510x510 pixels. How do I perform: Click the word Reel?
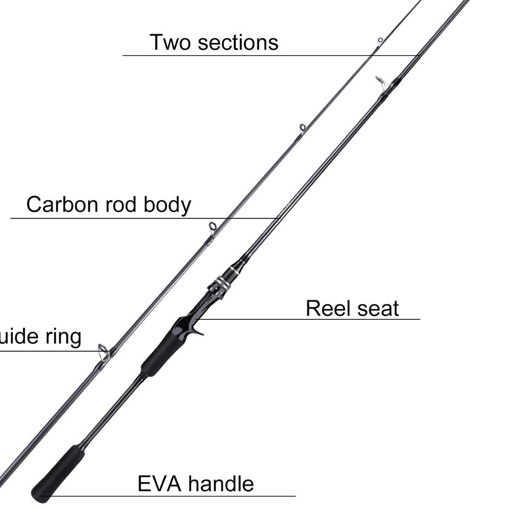(x=325, y=308)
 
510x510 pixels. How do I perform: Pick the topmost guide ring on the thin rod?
(x=380, y=41)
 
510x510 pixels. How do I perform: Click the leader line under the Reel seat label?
(x=309, y=319)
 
